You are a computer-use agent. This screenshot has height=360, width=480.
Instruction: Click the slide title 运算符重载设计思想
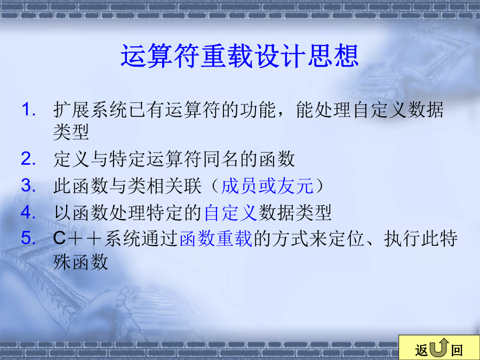(x=239, y=55)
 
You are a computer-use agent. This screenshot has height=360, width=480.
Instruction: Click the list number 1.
(x=28, y=109)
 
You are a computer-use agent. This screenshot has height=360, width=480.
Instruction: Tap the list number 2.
(x=28, y=159)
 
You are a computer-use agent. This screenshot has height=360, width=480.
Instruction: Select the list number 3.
(x=28, y=186)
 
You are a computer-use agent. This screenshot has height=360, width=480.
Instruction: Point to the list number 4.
(x=28, y=212)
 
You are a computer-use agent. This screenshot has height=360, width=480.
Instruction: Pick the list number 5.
(x=28, y=238)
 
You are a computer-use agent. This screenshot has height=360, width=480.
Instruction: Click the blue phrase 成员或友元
(x=267, y=186)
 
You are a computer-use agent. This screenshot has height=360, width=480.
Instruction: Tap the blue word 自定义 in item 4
(x=230, y=212)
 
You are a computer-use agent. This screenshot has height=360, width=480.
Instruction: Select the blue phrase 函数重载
(x=216, y=239)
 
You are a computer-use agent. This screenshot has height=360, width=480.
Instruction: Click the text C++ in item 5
(x=77, y=239)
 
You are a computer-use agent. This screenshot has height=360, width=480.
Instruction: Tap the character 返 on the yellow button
(x=421, y=350)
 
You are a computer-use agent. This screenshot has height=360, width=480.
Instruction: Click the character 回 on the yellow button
(x=457, y=350)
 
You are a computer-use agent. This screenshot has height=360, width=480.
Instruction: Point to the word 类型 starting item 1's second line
(x=71, y=132)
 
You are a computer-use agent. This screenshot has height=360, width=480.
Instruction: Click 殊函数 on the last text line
(x=81, y=262)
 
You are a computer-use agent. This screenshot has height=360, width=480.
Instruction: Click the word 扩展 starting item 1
(x=71, y=110)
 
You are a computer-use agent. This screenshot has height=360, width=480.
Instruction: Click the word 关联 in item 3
(x=183, y=186)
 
